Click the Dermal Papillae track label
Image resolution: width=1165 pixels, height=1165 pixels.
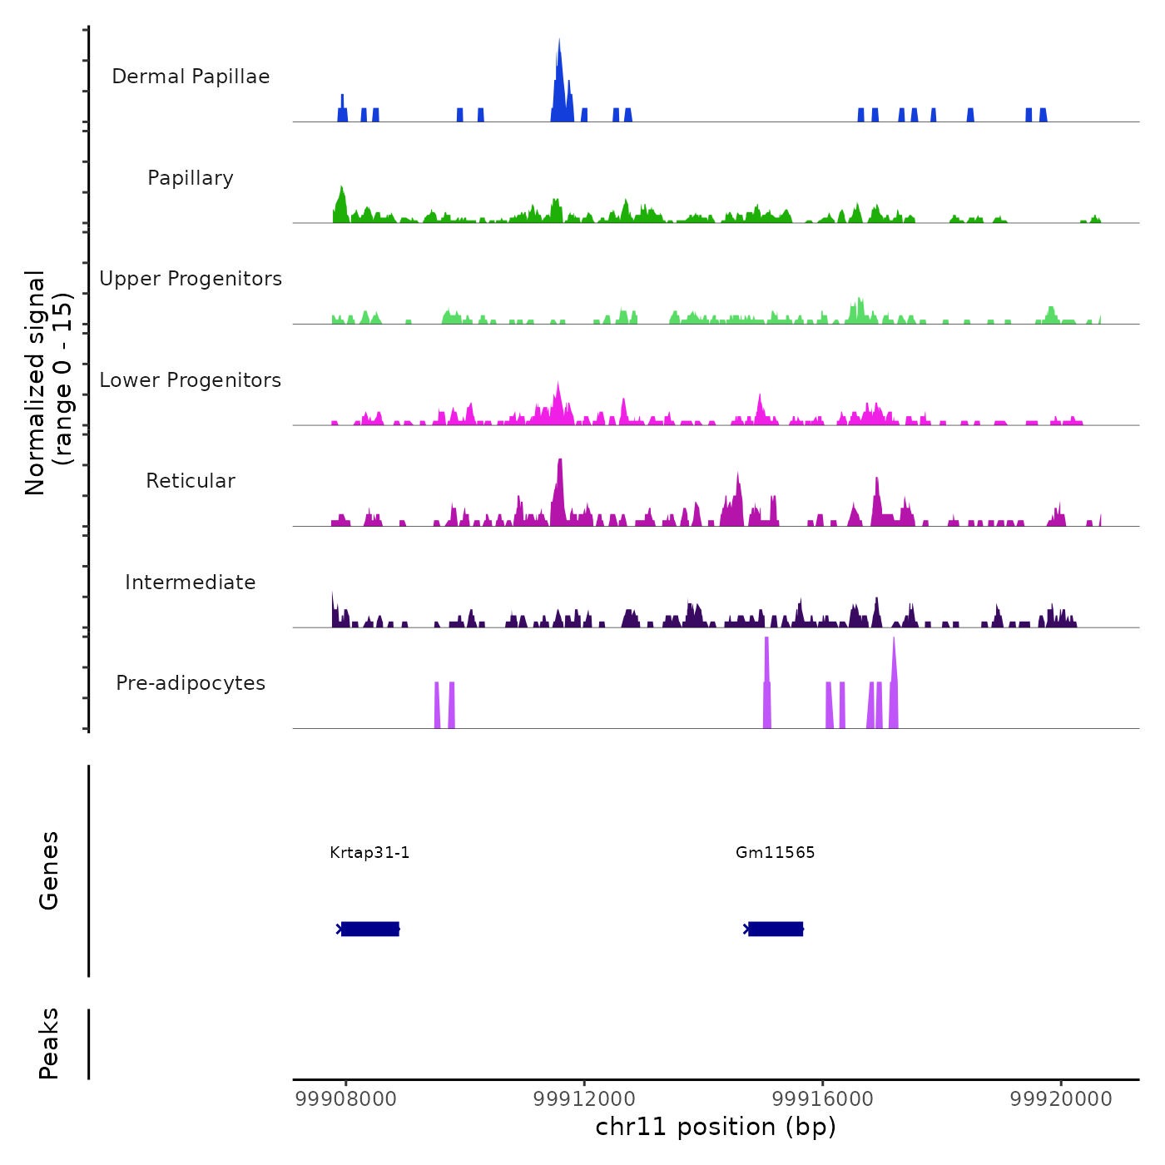pos(191,77)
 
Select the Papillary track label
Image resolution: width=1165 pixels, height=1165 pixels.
pos(191,178)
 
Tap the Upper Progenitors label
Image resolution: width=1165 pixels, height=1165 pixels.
pos(191,279)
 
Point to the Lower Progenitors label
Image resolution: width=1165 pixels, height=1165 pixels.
pos(191,380)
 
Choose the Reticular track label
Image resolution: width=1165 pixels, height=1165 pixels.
pos(191,481)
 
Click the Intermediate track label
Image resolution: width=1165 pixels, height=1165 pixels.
pos(191,582)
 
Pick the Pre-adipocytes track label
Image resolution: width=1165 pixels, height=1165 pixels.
pos(191,683)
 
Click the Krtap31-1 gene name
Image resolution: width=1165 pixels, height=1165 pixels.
pos(369,852)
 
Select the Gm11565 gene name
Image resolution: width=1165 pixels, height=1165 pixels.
pos(775,852)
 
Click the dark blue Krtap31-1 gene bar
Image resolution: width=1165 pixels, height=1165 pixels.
pos(369,929)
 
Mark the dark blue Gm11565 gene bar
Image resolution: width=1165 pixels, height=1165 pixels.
pos(775,929)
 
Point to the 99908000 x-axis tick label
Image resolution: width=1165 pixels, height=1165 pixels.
pos(345,1099)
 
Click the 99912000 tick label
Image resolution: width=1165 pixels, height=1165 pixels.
pos(584,1099)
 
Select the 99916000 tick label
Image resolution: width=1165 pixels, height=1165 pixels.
pos(822,1099)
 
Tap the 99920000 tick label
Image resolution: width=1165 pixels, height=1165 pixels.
pos(1061,1099)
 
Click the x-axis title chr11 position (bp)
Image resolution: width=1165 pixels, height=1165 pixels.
pos(716,1127)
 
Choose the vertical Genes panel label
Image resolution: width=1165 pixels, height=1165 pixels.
pos(49,870)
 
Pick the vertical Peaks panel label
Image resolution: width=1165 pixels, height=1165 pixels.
pos(49,1044)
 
